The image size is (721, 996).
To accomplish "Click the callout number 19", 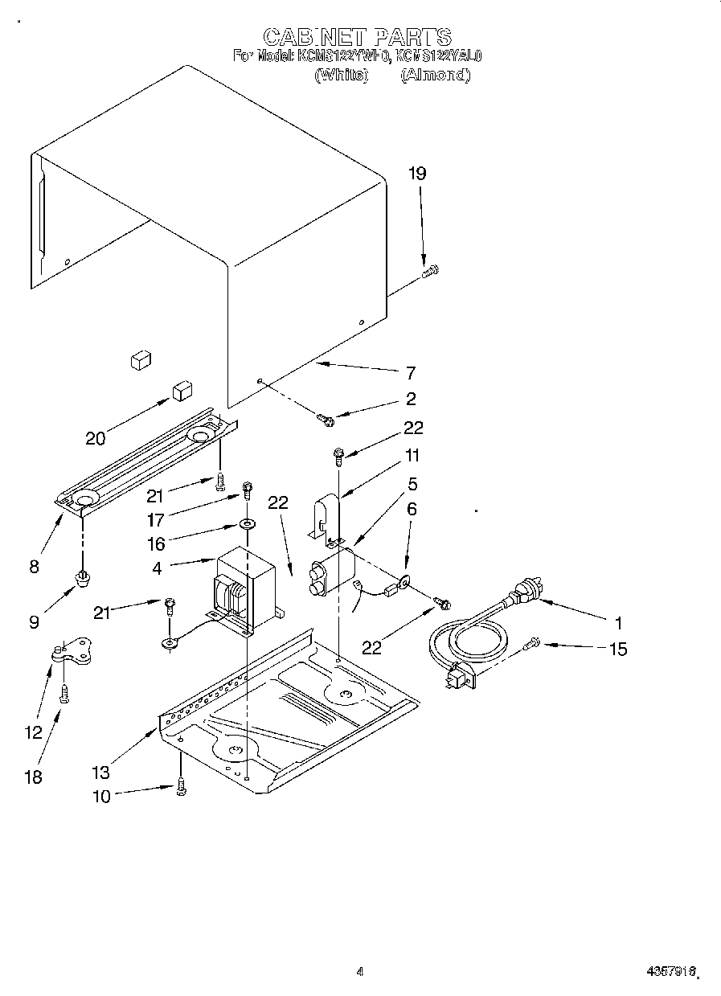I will (416, 174).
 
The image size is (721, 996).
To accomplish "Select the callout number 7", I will (410, 373).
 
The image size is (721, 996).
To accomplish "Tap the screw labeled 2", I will (325, 418).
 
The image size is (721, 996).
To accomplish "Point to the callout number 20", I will (96, 438).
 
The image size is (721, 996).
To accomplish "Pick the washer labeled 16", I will (246, 525).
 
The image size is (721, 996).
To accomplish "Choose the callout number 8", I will (33, 567).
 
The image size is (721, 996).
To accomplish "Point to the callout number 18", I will (33, 777).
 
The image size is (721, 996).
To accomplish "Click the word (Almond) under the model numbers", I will (435, 74).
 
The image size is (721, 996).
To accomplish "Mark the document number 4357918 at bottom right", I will (668, 972).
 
